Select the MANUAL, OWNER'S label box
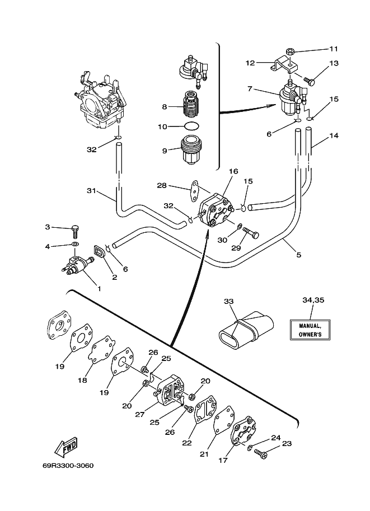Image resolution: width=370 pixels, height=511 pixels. point(310,330)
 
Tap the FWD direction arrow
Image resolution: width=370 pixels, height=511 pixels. point(65,446)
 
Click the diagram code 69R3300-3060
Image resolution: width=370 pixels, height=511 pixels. point(68,465)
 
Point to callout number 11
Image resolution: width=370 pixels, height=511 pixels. point(334,49)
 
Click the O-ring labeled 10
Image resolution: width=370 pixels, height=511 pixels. point(191,126)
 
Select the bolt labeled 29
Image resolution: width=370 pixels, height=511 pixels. point(251,233)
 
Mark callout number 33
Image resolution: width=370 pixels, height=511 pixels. point(229,302)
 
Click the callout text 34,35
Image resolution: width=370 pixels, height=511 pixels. point(313,300)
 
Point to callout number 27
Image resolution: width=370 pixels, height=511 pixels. point(140,415)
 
